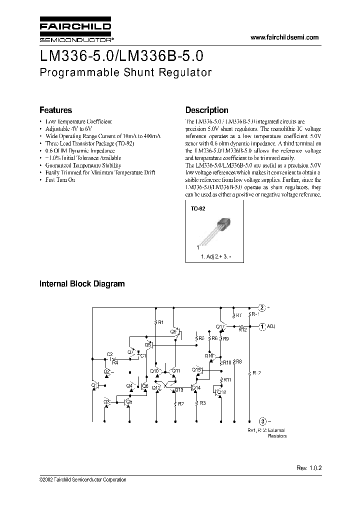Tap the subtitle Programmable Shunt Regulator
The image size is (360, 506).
pyautogui.click(x=125, y=72)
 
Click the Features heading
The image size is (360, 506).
pyautogui.click(x=55, y=110)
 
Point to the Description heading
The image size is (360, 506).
pyautogui.click(x=206, y=110)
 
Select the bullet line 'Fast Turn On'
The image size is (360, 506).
pyautogui.click(x=60, y=179)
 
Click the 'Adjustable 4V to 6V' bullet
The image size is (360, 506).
pyautogui.click(x=69, y=128)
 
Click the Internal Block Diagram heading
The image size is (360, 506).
pyautogui.click(x=82, y=284)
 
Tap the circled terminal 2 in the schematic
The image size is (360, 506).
pyautogui.click(x=262, y=307)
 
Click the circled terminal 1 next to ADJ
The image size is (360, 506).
pyautogui.click(x=262, y=326)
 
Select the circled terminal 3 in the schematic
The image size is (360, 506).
pyautogui.click(x=262, y=420)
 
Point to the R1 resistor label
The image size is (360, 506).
pyautogui.click(x=160, y=323)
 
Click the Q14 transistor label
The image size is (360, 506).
pyautogui.click(x=196, y=388)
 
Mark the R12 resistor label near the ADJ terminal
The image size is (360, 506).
pyautogui.click(x=242, y=330)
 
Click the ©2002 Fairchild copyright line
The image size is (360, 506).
pyautogui.click(x=82, y=479)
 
